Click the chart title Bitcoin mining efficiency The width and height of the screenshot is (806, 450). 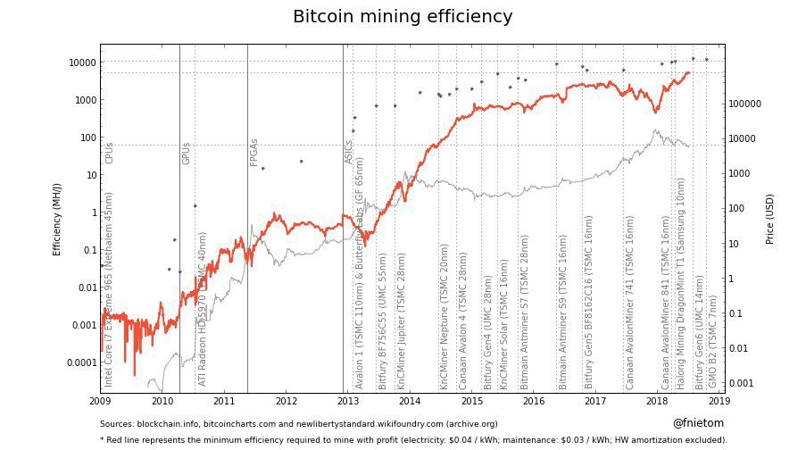click(x=403, y=17)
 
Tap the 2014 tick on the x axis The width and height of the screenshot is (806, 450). click(x=411, y=403)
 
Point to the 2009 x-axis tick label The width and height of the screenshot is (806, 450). click(x=100, y=403)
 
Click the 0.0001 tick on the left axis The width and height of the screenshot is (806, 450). click(x=80, y=362)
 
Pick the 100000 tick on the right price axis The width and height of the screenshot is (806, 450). click(x=746, y=104)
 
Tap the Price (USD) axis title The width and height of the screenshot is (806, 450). click(x=769, y=219)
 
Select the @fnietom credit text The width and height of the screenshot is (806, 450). click(x=698, y=423)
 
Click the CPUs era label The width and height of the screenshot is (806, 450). click(x=110, y=153)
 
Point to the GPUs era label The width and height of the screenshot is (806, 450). click(x=187, y=153)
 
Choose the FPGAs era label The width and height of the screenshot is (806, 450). click(x=254, y=152)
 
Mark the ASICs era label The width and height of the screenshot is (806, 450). click(x=350, y=152)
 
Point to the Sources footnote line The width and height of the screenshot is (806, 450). click(x=298, y=424)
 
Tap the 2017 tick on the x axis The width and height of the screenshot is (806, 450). click(x=596, y=403)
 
